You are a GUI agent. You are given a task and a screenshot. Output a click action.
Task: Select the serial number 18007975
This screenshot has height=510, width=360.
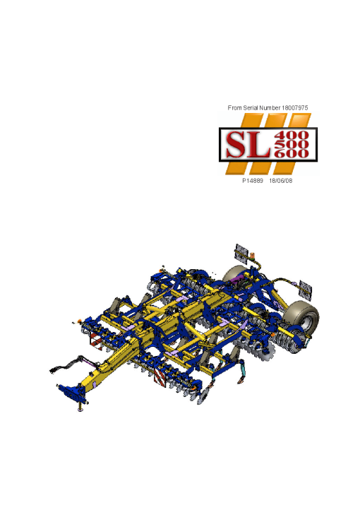[x=294, y=107]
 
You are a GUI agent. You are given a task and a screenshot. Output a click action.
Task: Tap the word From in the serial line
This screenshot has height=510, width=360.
[x=234, y=107]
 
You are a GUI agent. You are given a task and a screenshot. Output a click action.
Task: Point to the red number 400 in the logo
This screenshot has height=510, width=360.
[x=292, y=135]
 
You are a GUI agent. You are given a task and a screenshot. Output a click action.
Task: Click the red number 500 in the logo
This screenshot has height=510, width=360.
[x=292, y=144]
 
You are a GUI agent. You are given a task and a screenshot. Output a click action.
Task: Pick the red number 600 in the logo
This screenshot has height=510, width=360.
[x=292, y=153]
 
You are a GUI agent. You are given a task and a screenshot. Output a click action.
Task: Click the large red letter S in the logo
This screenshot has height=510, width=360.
[x=236, y=144]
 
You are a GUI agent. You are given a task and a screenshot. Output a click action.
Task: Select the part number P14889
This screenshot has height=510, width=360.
[x=253, y=181]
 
